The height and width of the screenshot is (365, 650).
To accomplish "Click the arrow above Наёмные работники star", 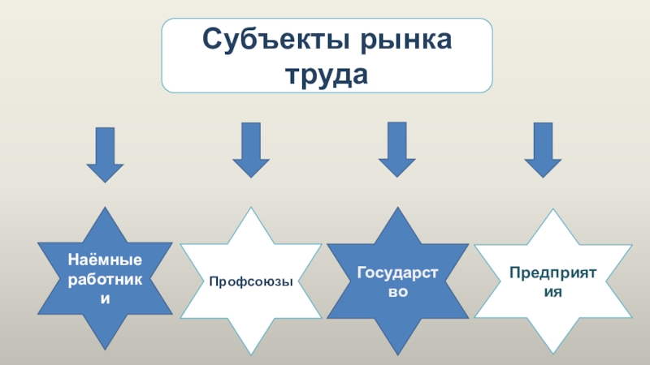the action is coord(105,154).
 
